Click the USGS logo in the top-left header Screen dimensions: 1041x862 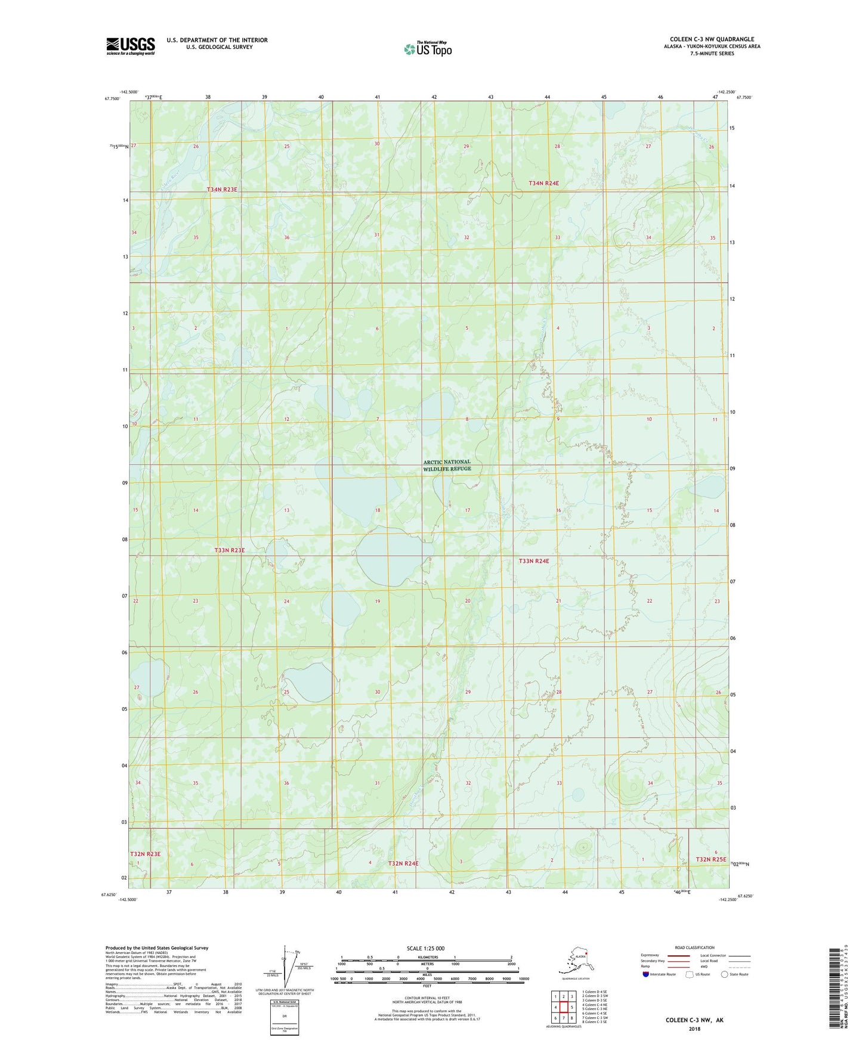130,46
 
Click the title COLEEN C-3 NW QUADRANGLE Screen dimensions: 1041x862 711,39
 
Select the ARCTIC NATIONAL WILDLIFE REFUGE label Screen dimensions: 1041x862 447,465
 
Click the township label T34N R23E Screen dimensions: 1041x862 222,190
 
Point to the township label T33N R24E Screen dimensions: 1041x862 533,561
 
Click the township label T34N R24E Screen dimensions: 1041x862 543,183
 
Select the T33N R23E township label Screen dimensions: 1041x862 229,550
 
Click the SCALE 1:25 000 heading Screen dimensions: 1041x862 425,948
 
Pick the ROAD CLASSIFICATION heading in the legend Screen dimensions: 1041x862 694,947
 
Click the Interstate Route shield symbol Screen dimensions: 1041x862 645,974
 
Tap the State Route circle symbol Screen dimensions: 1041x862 724,974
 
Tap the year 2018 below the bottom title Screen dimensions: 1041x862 694,1028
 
